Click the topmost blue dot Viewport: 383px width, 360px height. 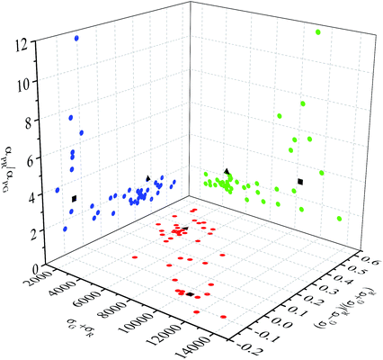pos(76,38)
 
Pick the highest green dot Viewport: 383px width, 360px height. pos(318,33)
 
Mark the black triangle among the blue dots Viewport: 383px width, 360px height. pos(148,178)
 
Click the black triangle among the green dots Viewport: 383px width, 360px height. pos(227,171)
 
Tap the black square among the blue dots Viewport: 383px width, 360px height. pos(76,198)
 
